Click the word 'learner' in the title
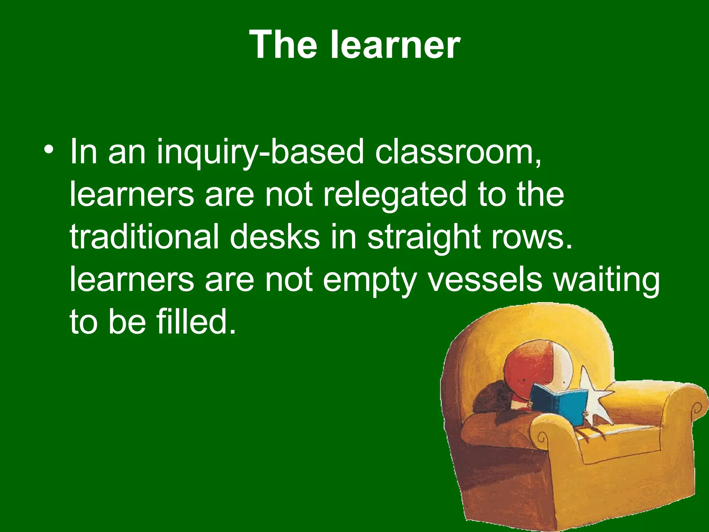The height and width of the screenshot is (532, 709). point(395,45)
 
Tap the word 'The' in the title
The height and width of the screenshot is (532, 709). point(283,45)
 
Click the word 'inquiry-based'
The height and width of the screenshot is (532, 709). point(260,152)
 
